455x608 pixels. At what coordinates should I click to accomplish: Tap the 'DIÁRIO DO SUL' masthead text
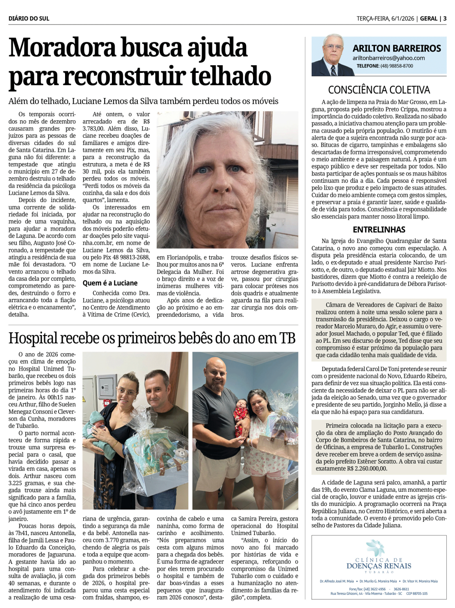(29, 19)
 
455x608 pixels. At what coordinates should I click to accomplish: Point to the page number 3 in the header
(445, 19)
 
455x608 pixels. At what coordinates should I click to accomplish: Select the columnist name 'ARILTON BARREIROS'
(397, 48)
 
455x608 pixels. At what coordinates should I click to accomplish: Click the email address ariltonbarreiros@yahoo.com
(389, 58)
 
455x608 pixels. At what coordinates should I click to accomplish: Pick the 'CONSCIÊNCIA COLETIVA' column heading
(379, 90)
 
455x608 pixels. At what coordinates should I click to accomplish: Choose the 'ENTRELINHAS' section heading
(379, 230)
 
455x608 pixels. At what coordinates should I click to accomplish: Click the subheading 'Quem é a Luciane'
(110, 283)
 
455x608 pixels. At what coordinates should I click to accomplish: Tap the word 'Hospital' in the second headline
(33, 339)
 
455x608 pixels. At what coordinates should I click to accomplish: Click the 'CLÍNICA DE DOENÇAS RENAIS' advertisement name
(379, 564)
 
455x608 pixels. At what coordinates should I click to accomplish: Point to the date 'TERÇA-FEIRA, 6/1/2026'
(385, 19)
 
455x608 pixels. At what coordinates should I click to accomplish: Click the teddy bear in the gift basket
(181, 454)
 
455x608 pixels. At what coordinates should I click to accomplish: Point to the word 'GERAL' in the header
(429, 19)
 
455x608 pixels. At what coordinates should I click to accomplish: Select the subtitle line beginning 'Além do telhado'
(143, 101)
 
